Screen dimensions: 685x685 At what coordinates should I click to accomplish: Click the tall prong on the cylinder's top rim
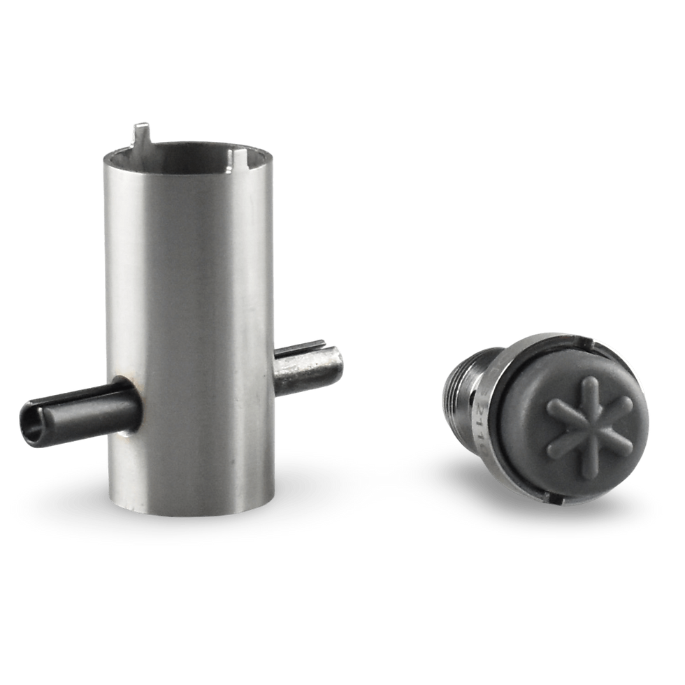pos(142,133)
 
